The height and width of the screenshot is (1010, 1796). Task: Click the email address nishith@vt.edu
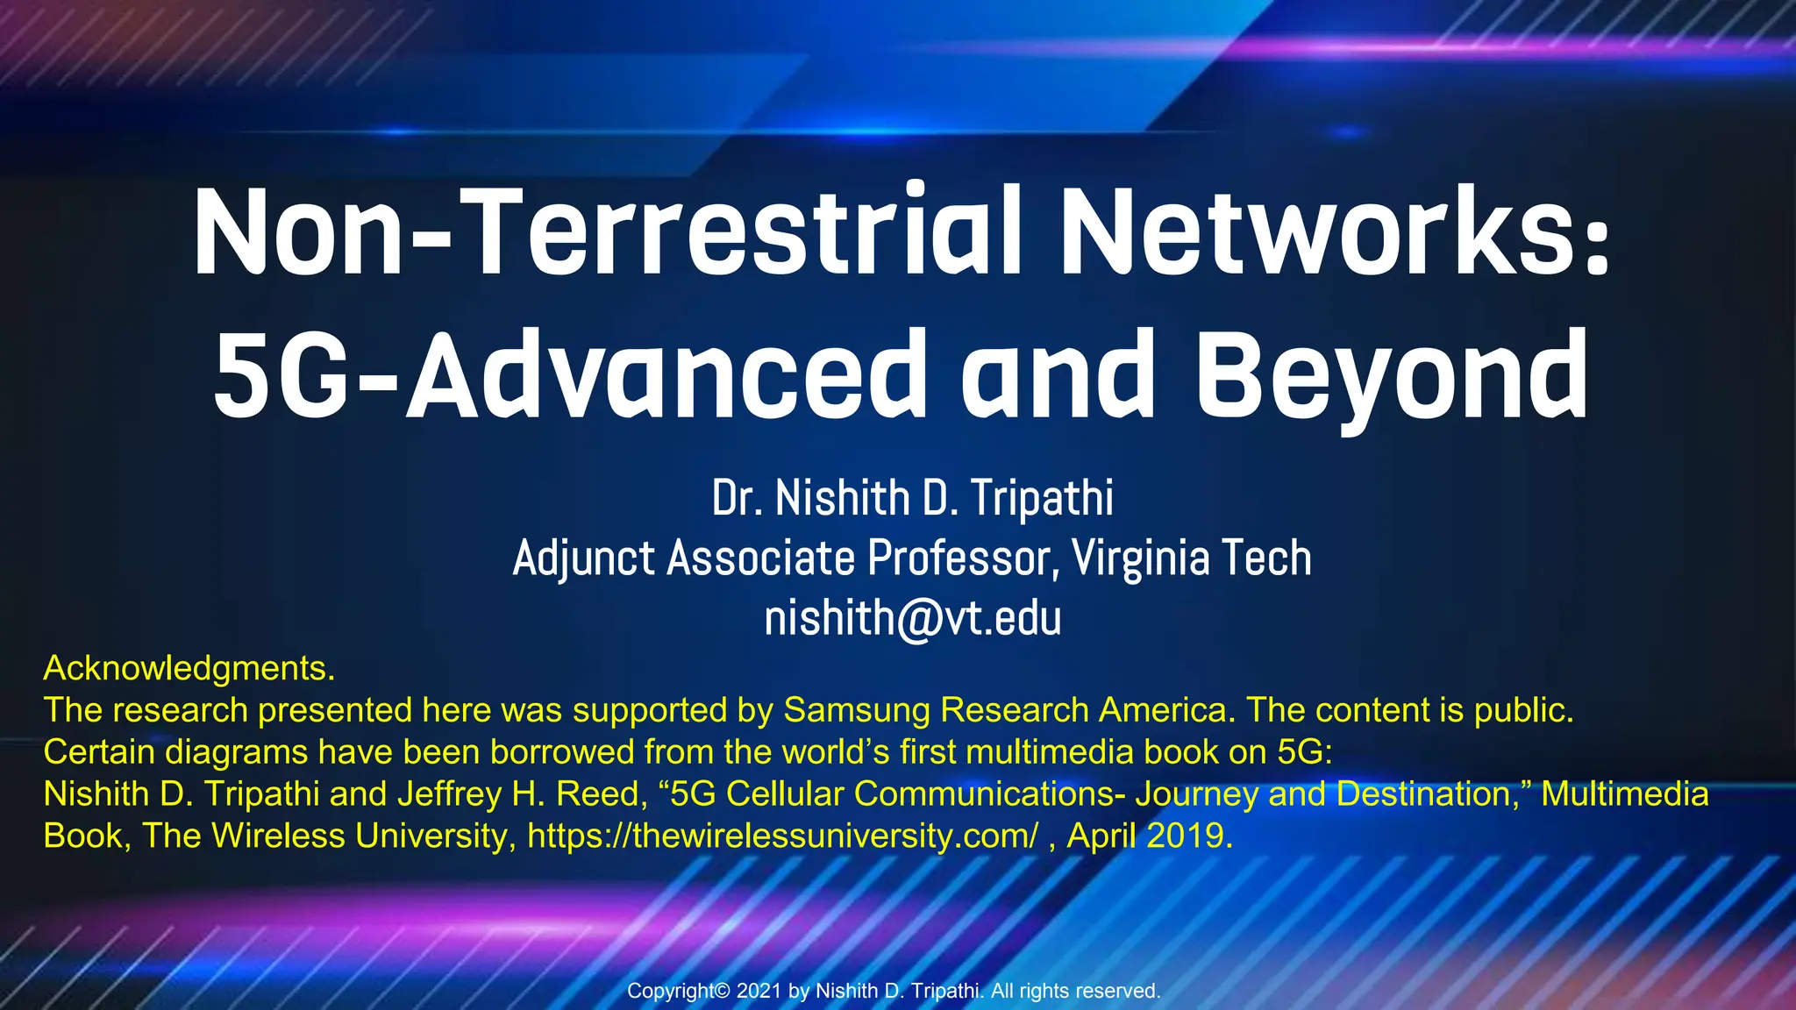[x=912, y=618]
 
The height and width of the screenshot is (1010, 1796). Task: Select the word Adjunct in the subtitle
[x=583, y=559]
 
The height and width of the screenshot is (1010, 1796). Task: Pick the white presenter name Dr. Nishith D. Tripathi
[x=912, y=498]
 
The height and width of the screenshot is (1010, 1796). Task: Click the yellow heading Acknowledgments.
[x=189, y=668]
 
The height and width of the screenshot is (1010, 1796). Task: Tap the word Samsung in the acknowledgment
[x=856, y=710]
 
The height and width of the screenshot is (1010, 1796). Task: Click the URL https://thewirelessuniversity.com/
[x=782, y=836]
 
